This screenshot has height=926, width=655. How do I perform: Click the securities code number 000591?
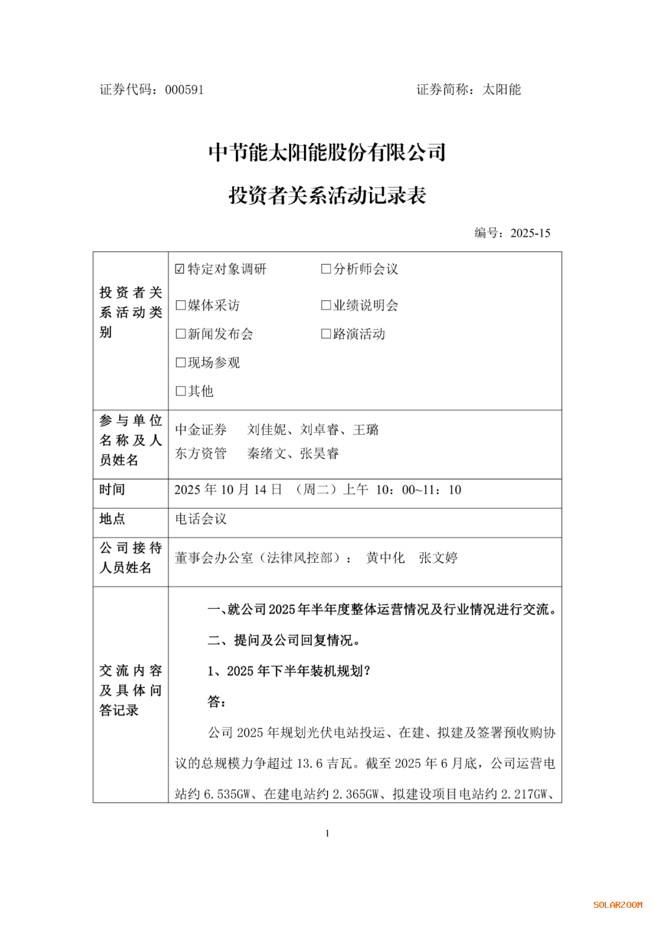[x=184, y=90]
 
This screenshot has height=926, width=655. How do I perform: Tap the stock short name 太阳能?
[x=502, y=90]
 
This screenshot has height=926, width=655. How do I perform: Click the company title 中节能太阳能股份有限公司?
[x=327, y=152]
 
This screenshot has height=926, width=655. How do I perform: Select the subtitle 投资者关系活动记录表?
[x=327, y=195]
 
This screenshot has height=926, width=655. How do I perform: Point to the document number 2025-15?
[x=530, y=233]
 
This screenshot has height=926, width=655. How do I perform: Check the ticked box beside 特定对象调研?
[x=180, y=269]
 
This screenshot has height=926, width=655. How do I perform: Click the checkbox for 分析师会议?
[x=326, y=269]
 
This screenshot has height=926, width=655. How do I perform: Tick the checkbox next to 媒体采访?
[x=180, y=305]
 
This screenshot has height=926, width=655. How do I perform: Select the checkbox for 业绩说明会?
[x=326, y=305]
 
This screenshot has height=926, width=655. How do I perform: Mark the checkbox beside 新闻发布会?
[x=180, y=334]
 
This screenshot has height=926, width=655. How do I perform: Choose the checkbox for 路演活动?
[x=326, y=334]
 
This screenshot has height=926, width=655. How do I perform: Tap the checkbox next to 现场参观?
[x=180, y=363]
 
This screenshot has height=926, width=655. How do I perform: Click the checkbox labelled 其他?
[x=180, y=391]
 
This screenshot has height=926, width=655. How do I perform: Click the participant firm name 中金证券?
[x=201, y=430]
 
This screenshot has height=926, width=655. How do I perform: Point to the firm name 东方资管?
[x=201, y=454]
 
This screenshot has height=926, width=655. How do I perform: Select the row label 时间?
[x=112, y=489]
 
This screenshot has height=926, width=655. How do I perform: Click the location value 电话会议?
[x=201, y=519]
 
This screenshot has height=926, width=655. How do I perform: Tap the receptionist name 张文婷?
[x=438, y=558]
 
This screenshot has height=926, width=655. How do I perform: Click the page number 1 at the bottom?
[x=327, y=833]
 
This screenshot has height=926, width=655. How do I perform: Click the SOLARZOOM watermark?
[x=617, y=905]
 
